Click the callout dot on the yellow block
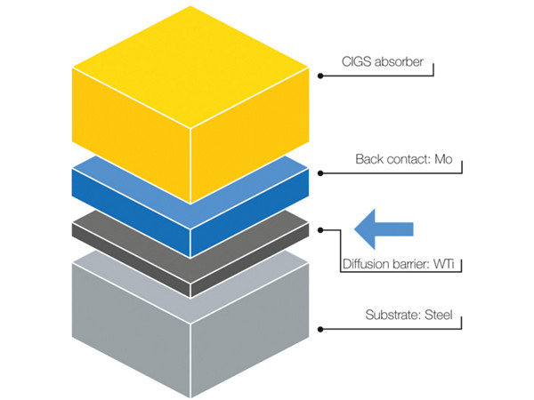(x=320, y=76)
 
